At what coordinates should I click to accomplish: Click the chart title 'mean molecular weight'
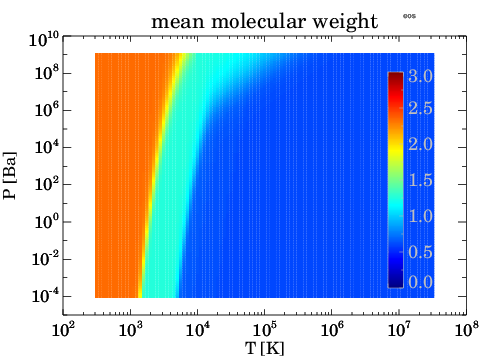coord(265,19)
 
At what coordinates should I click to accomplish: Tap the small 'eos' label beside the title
coord(408,15)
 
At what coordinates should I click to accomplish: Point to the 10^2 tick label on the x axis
coord(63,328)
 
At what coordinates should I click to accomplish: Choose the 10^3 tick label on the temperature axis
coord(130,328)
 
